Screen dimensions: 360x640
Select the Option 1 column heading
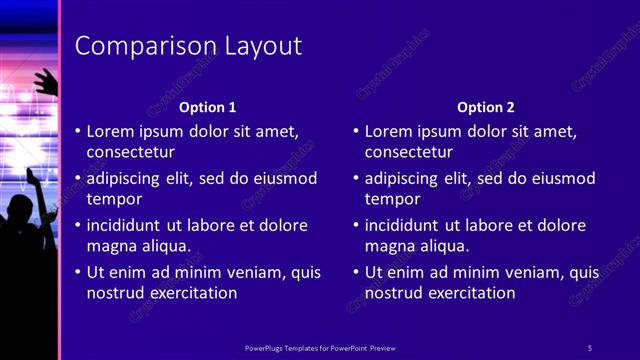click(x=207, y=107)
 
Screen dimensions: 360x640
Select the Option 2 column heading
click(x=485, y=107)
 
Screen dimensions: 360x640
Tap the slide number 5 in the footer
click(x=589, y=347)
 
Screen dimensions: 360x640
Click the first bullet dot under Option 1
click(x=78, y=131)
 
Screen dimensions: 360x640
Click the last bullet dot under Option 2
click(x=356, y=272)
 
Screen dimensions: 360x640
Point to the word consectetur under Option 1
click(x=131, y=152)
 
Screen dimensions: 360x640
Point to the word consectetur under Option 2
click(x=409, y=152)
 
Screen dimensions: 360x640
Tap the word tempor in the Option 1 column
click(x=111, y=199)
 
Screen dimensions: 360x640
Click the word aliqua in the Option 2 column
click(x=443, y=246)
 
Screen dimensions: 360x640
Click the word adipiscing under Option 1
click(x=125, y=178)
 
